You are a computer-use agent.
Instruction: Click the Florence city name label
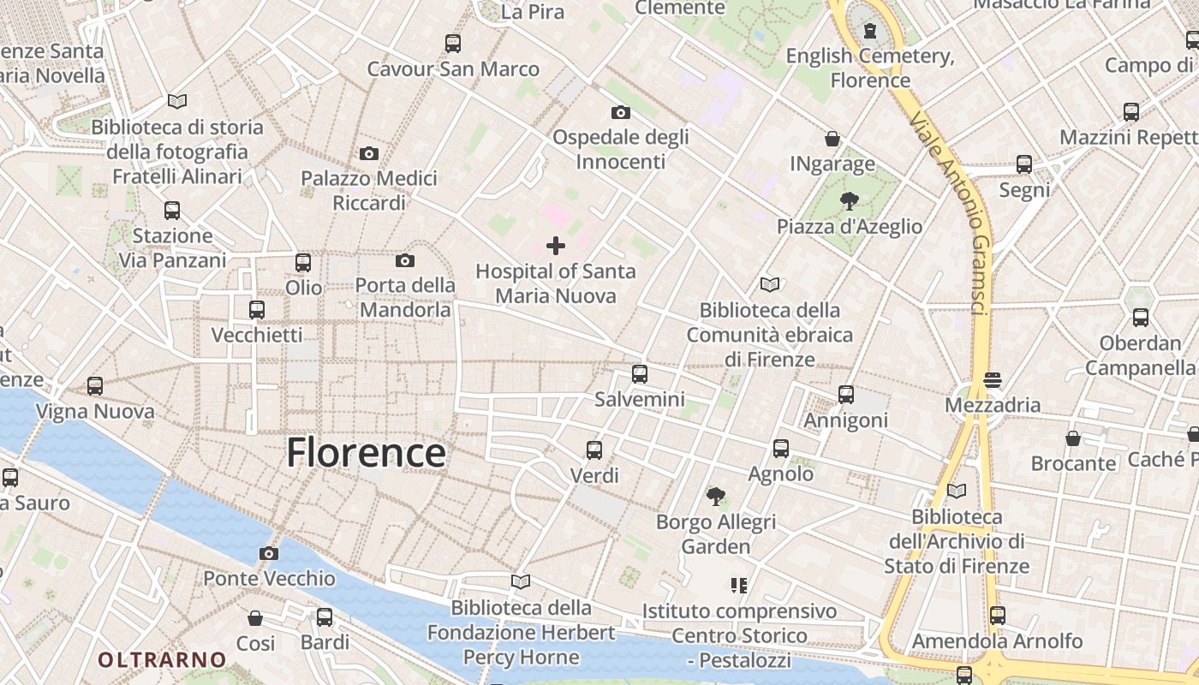366,452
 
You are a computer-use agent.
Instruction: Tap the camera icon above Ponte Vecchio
269,553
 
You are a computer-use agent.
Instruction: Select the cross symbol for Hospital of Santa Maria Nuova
556,246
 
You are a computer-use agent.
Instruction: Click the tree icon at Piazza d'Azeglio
849,201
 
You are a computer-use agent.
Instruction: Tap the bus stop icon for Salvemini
639,373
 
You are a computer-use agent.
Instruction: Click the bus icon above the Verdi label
594,450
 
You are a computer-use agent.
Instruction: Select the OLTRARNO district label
162,659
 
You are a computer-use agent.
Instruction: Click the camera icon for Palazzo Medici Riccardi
369,153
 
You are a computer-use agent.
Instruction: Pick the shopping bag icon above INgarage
832,138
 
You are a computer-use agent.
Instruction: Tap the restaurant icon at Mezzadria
993,379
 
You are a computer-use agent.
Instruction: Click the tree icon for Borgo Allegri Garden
715,496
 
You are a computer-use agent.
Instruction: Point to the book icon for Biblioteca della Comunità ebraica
770,284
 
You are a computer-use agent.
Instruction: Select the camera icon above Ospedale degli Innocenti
621,112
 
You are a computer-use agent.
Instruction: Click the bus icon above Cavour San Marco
452,43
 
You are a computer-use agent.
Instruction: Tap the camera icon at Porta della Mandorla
405,260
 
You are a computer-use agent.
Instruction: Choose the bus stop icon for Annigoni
846,394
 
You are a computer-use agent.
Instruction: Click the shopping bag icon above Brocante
1073,438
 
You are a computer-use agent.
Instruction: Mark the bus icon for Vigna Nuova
95,386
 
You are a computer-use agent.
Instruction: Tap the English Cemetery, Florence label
870,68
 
